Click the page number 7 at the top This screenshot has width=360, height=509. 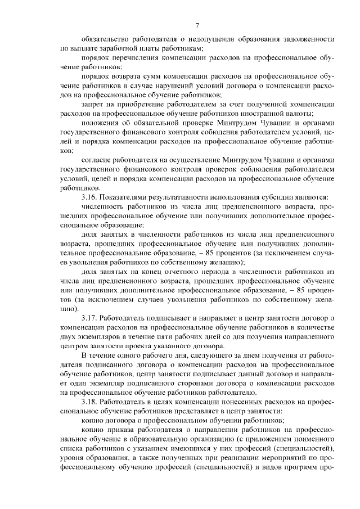click(x=197, y=25)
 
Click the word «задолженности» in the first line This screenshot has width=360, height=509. click(x=309, y=40)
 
